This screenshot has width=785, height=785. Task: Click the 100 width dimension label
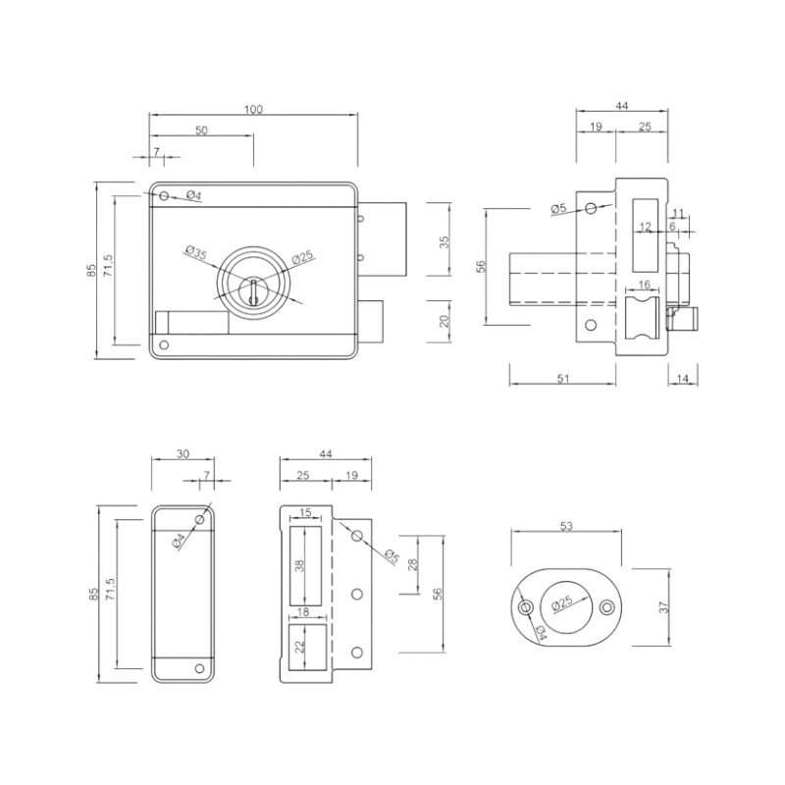point(254,109)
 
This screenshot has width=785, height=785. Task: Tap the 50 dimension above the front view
point(201,131)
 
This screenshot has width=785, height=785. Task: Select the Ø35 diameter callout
point(195,252)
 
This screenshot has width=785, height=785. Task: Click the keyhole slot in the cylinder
point(253,292)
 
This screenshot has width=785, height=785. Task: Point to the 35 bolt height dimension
point(445,241)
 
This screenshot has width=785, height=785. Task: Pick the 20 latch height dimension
point(445,321)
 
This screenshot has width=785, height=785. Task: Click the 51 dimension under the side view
point(563,379)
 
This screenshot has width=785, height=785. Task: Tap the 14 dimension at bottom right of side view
point(683,379)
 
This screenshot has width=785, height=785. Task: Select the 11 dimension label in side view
point(677,213)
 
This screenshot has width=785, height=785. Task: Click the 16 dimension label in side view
point(645,285)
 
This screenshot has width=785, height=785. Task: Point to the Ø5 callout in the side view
point(558,208)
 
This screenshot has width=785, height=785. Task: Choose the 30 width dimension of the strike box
point(183,453)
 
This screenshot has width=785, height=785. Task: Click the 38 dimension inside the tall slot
point(300,566)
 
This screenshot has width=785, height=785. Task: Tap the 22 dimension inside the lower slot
point(300,648)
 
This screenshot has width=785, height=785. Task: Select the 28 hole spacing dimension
point(413,565)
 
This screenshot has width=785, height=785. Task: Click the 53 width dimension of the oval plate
point(566,526)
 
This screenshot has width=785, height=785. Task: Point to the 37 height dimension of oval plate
point(664,607)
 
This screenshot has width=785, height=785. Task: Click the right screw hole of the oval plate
point(606,607)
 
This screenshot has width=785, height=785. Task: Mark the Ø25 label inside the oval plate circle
point(562,602)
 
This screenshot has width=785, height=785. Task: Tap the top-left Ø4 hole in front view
point(164,194)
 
